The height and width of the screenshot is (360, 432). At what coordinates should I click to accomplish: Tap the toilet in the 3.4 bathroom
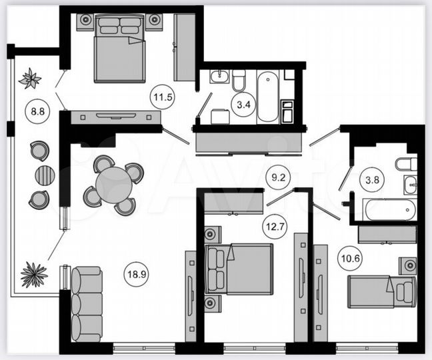[239, 82]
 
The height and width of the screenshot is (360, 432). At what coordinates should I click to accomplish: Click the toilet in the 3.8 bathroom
[405, 164]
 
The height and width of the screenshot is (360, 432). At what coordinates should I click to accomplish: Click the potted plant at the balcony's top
[30, 79]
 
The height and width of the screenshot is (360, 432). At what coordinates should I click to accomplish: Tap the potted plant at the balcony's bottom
[33, 275]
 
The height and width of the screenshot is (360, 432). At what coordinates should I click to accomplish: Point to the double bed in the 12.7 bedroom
[239, 269]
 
